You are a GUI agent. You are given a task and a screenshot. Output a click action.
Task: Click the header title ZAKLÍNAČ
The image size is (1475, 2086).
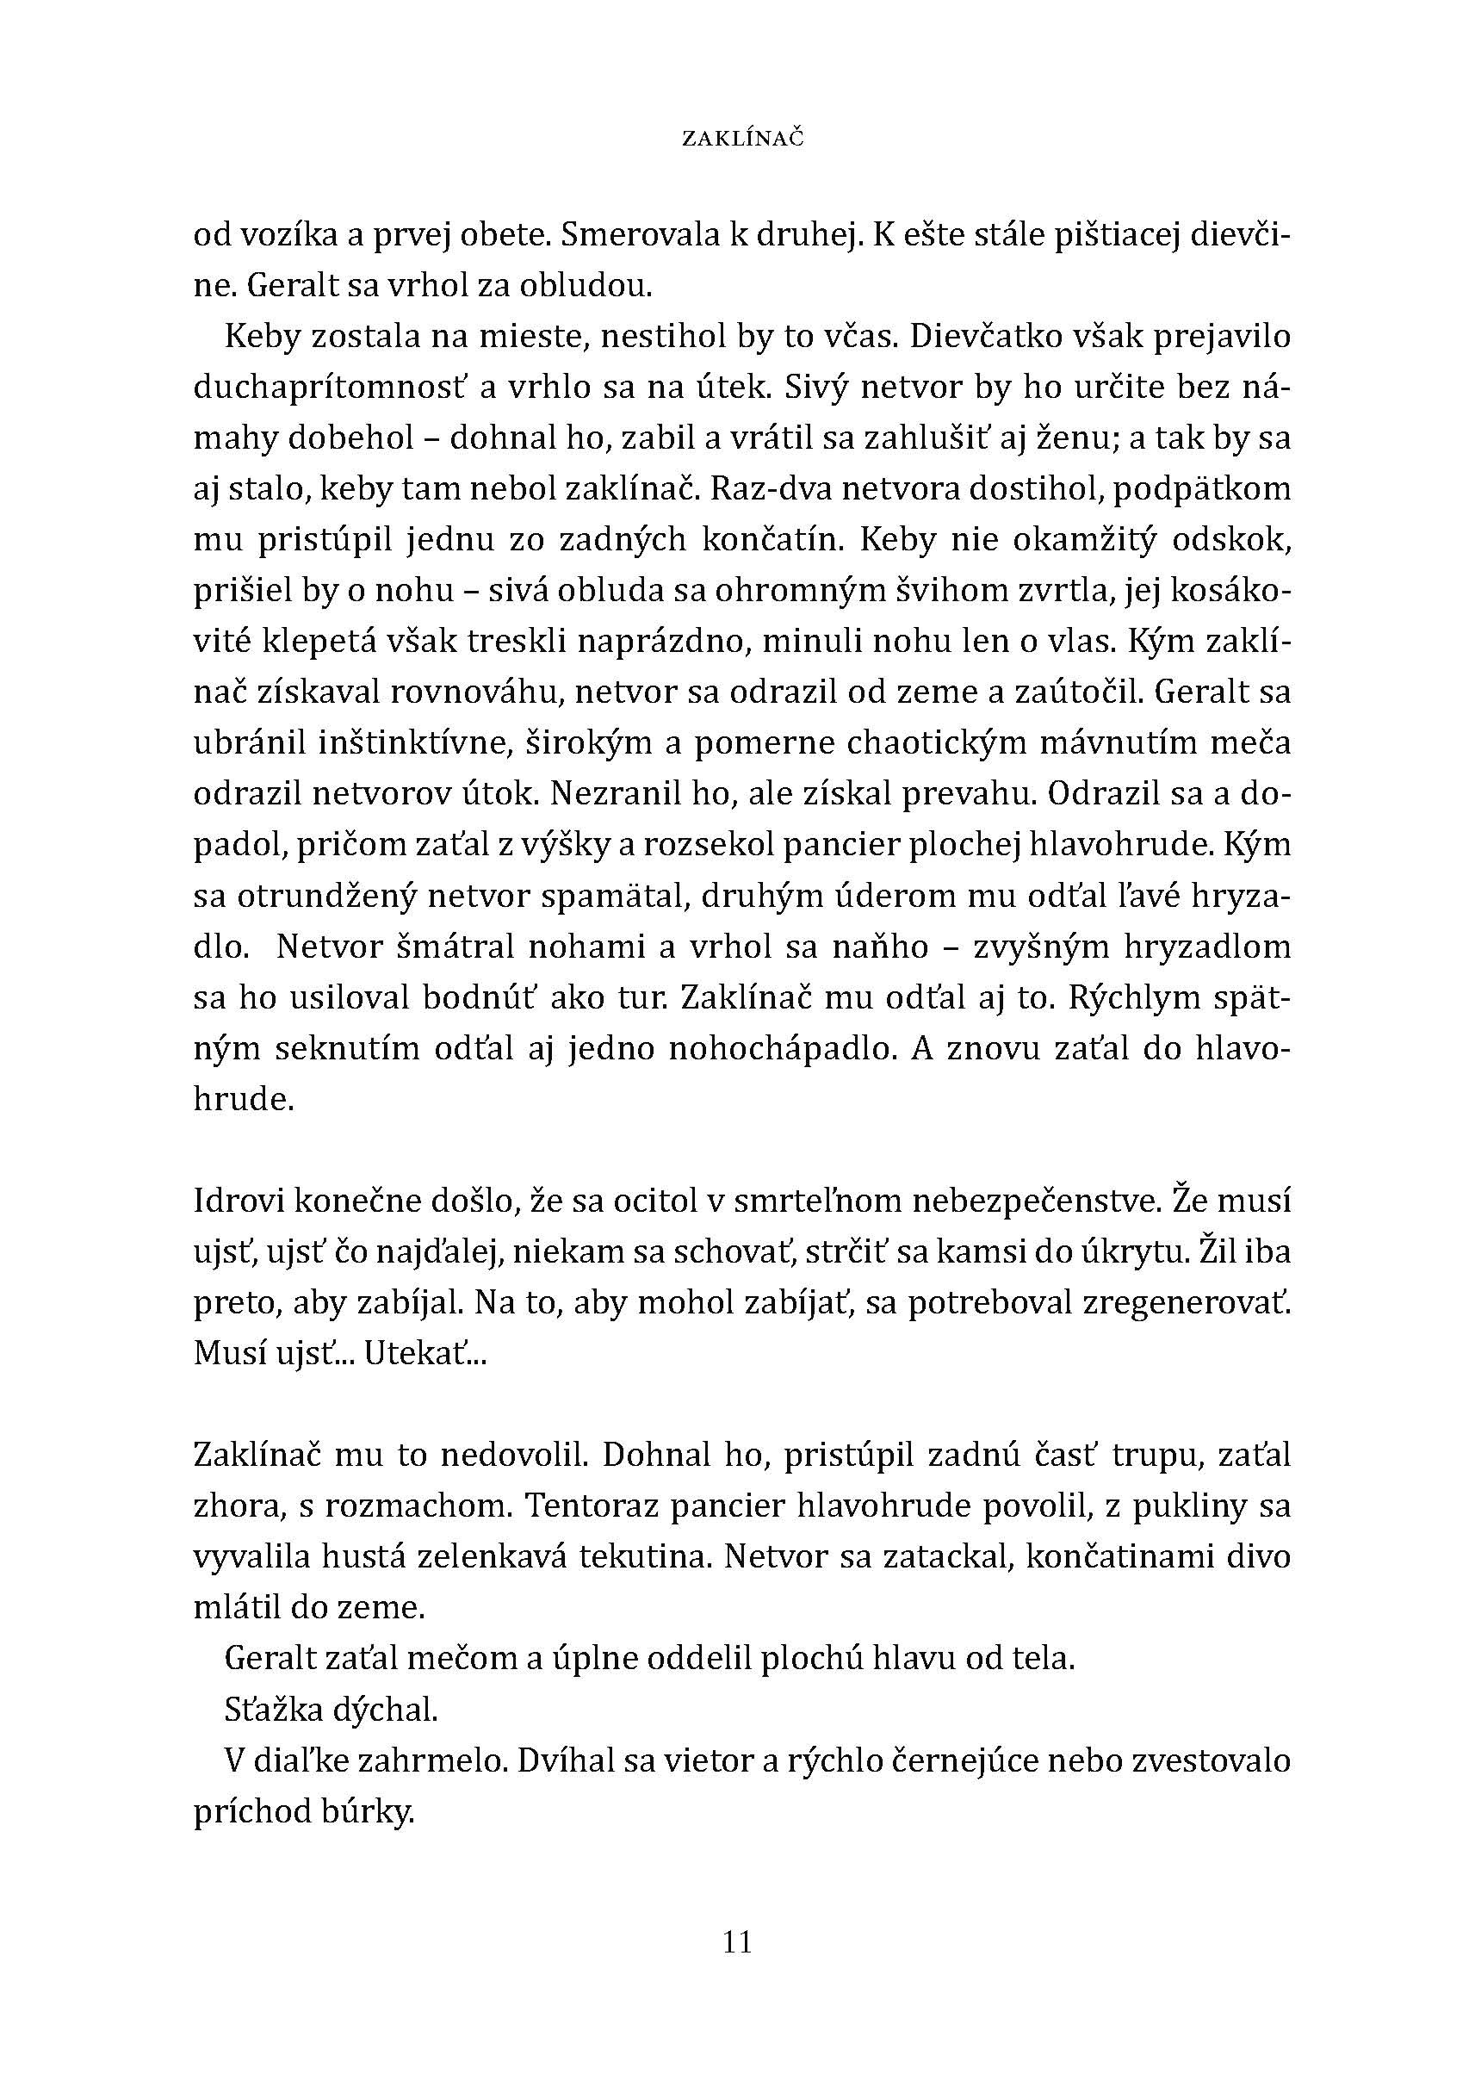click(742, 139)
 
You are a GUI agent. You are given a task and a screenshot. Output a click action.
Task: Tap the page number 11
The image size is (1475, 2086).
click(737, 1941)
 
